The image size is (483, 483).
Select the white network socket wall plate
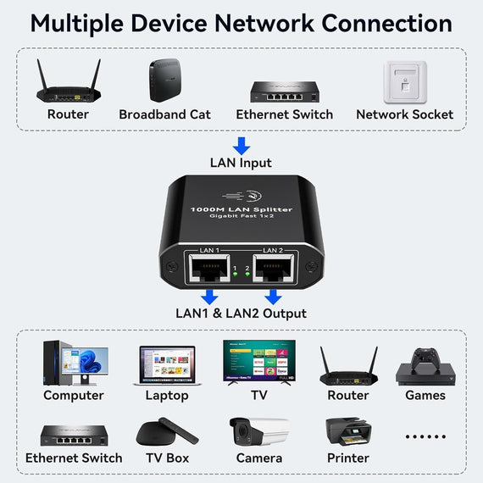(404, 81)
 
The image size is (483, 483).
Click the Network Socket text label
(404, 114)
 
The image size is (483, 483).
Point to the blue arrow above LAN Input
(241, 146)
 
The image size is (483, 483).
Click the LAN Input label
(241, 163)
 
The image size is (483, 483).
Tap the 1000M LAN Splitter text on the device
(241, 209)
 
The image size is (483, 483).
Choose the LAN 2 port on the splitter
(272, 269)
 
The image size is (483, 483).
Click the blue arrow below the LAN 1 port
(209, 297)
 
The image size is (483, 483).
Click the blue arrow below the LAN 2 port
(273, 297)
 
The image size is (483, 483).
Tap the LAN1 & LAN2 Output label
(241, 314)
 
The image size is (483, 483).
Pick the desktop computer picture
(74, 363)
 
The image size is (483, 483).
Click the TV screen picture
(258, 362)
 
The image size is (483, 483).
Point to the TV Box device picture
(166, 431)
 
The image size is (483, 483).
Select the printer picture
(347, 431)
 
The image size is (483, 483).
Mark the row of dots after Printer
(425, 437)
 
